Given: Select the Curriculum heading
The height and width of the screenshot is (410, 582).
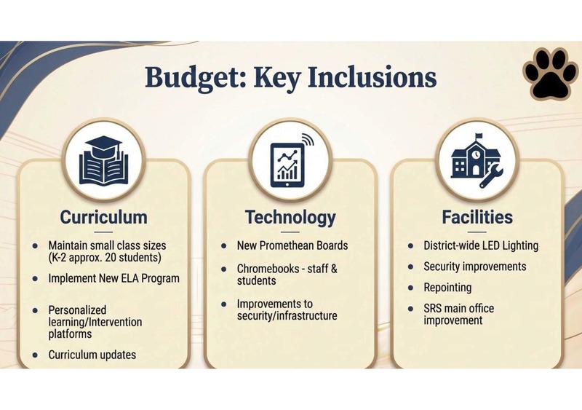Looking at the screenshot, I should tap(103, 217).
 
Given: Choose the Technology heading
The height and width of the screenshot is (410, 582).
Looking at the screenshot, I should tap(290, 217).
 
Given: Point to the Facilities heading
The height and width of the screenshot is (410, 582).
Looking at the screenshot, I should tap(477, 217).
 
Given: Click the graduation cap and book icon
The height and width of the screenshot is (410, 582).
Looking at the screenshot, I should tap(104, 159).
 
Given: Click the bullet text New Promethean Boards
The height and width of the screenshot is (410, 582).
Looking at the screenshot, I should tap(292, 245).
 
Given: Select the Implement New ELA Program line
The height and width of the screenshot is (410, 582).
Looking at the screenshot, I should tap(113, 278).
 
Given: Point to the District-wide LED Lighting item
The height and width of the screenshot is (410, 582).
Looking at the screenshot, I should tap(481, 245).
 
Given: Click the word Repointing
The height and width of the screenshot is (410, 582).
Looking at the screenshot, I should tap(447, 288).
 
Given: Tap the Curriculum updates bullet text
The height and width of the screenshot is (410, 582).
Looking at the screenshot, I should tap(92, 355).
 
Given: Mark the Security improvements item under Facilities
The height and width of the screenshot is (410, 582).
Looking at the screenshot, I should tap(475, 267).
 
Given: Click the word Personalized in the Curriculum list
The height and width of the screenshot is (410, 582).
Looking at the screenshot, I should tap(77, 310).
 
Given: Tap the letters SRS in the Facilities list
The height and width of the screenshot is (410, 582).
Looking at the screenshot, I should tap(434, 309).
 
